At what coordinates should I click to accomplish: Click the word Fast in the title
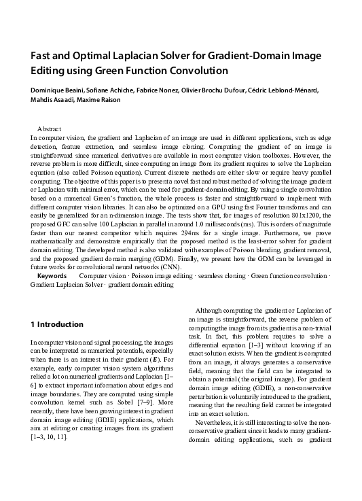tap(43, 56)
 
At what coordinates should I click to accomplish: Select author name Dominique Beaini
tap(58, 90)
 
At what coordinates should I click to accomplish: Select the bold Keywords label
tap(52, 276)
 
